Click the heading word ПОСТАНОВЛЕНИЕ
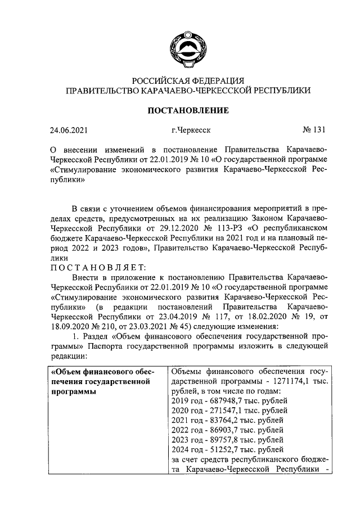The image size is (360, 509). click(x=188, y=110)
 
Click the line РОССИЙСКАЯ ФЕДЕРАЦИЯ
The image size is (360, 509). click(x=188, y=80)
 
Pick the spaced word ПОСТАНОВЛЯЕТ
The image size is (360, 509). click(x=99, y=266)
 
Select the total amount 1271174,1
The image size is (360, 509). click(x=293, y=381)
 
